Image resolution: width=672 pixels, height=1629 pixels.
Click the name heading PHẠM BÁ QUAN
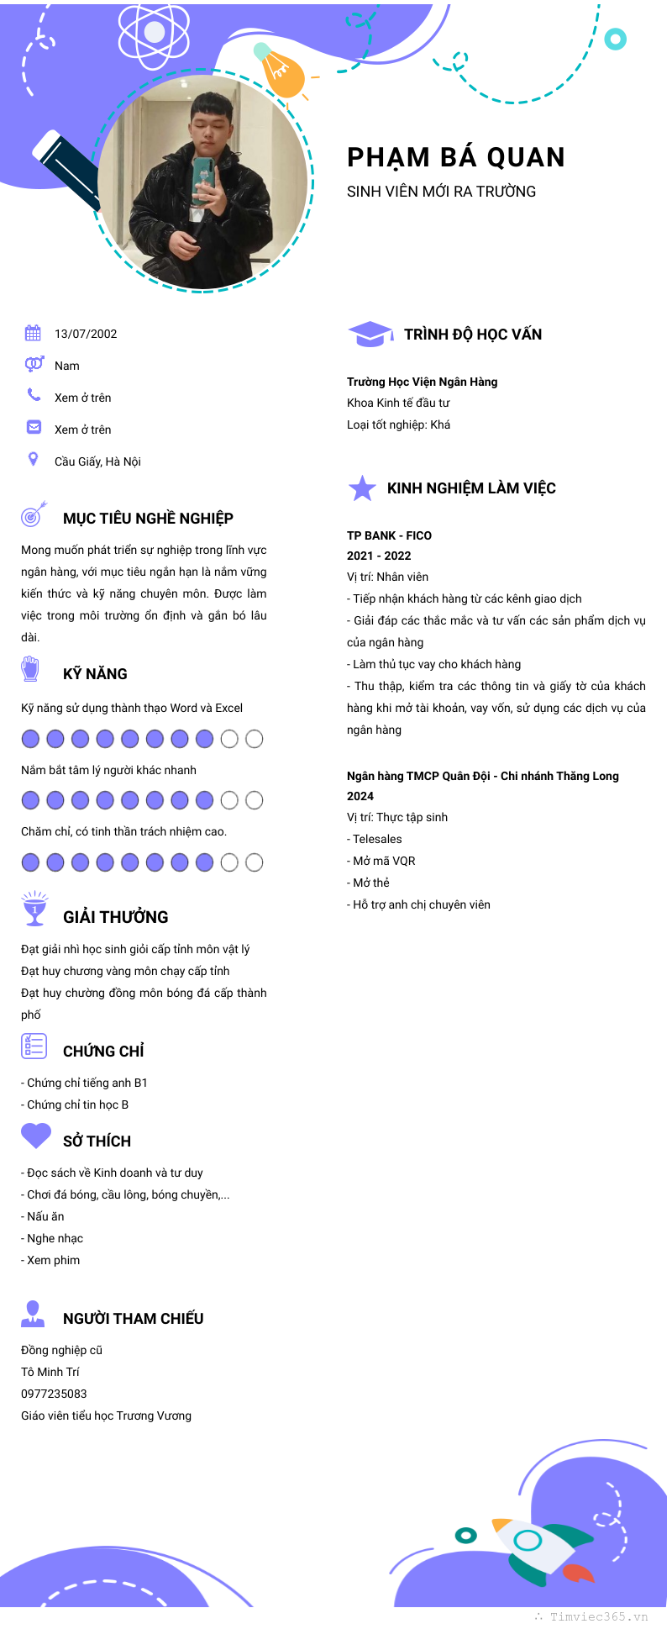click(x=456, y=158)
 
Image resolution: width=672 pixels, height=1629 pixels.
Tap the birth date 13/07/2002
click(x=86, y=334)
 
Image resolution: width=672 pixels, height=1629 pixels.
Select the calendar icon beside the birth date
click(x=33, y=333)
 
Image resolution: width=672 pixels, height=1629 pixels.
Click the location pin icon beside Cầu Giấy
click(x=33, y=459)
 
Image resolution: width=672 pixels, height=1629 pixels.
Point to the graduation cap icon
click(x=370, y=334)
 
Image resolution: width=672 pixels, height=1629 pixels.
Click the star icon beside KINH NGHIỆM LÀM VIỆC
click(x=362, y=488)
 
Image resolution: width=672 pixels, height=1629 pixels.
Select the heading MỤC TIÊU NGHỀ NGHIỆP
click(x=148, y=519)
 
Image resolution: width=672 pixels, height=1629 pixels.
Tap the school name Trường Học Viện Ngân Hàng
click(x=422, y=382)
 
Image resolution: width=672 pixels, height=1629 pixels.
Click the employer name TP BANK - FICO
click(x=389, y=535)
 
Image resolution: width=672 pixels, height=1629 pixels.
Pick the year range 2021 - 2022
click(x=379, y=556)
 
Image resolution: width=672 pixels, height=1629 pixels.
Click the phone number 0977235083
click(x=54, y=1394)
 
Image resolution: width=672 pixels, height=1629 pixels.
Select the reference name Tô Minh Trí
click(x=50, y=1372)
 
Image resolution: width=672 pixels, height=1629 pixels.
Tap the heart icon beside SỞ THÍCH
click(x=36, y=1136)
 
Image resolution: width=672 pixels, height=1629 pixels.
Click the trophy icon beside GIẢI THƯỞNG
click(x=34, y=909)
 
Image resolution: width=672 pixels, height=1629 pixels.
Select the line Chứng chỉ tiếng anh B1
click(x=84, y=1083)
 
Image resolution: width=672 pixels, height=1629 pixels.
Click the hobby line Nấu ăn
click(x=43, y=1216)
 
